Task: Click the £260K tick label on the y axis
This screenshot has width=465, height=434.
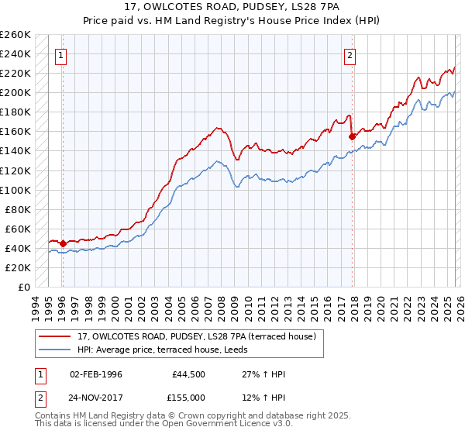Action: [15, 35]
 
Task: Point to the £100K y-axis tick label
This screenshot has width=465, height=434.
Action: [15, 190]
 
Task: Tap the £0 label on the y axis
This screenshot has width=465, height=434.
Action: [23, 288]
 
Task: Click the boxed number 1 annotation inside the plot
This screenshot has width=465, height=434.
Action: [60, 55]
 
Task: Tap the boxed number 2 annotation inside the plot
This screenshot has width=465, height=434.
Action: [350, 55]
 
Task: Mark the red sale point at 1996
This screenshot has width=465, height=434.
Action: [63, 243]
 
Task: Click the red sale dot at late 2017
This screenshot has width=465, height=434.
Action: [353, 136]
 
